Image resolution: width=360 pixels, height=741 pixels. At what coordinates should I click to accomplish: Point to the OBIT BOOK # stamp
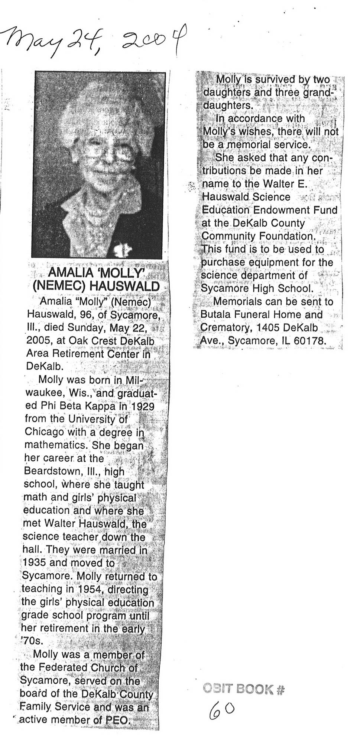point(244,689)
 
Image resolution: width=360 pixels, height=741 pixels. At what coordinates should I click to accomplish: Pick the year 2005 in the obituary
point(38,341)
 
